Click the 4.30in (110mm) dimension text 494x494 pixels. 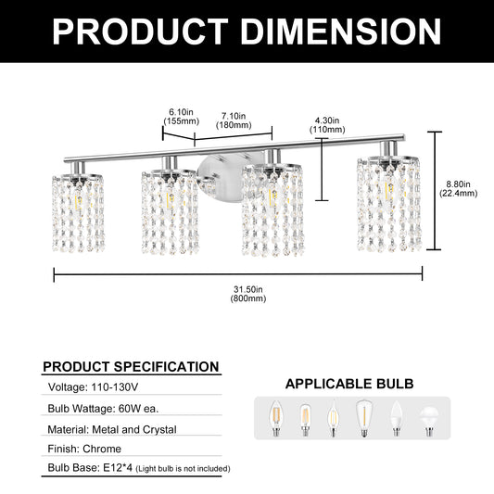tap(327, 126)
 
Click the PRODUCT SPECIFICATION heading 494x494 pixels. tap(131, 366)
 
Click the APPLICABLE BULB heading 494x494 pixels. tap(349, 383)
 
